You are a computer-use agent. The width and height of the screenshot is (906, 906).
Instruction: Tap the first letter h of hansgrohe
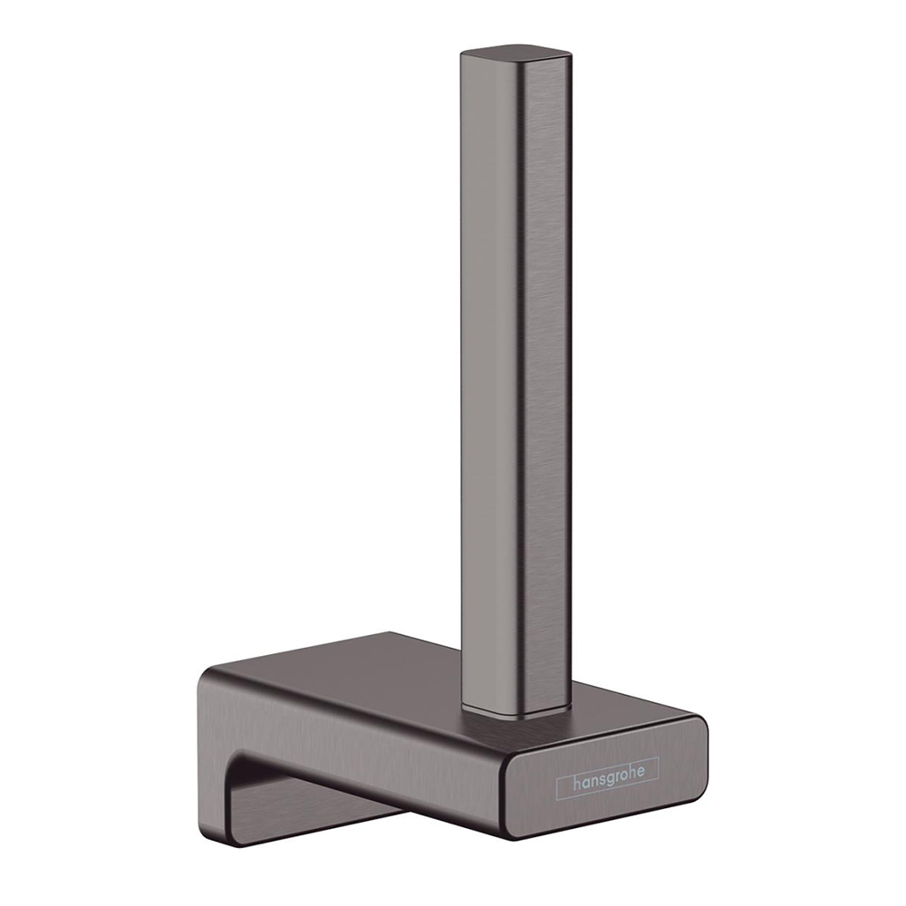point(576,782)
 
